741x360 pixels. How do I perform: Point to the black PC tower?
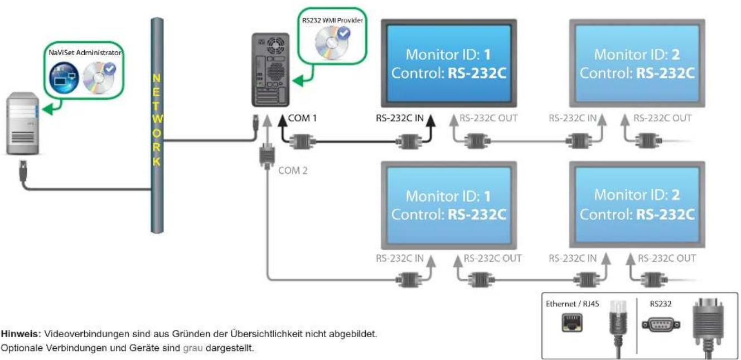click(271, 70)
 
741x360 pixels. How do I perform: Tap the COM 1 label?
click(303, 118)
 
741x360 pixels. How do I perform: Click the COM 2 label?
click(292, 171)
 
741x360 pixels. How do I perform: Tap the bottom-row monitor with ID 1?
click(449, 205)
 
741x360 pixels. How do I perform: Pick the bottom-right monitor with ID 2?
click(637, 205)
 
